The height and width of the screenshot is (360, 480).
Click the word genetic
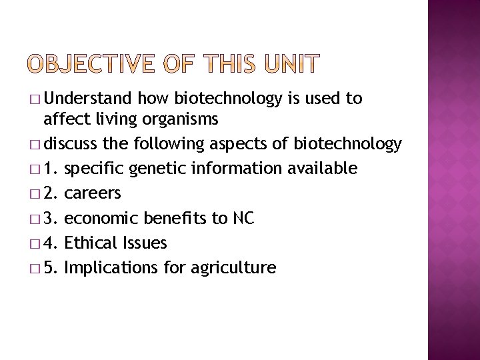click(x=159, y=169)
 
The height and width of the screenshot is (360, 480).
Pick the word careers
click(x=93, y=194)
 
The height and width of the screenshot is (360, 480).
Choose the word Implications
click(x=111, y=268)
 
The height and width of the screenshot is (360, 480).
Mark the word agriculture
click(x=233, y=268)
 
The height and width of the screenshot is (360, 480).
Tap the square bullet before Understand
click(x=35, y=100)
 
